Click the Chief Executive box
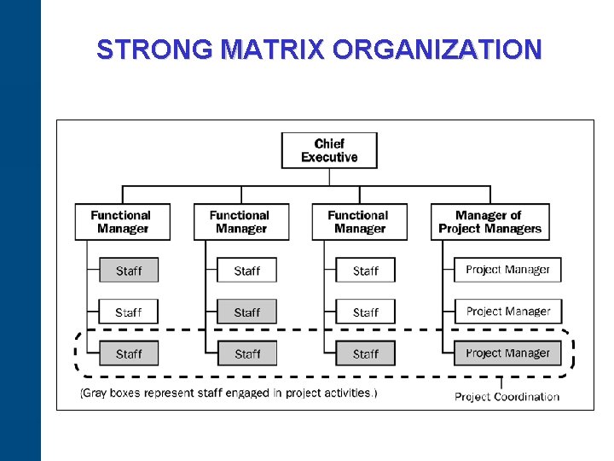pyautogui.click(x=329, y=150)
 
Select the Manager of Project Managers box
pyautogui.click(x=489, y=222)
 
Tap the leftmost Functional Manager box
pyautogui.click(x=123, y=222)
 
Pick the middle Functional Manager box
pyautogui.click(x=241, y=222)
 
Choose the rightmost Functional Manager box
pyautogui.click(x=360, y=222)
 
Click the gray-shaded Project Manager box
pyautogui.click(x=507, y=353)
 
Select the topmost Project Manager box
pyautogui.click(x=507, y=270)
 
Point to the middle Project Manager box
pyautogui.click(x=507, y=312)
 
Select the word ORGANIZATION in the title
pyautogui.click(x=437, y=50)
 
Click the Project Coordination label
pyautogui.click(x=507, y=396)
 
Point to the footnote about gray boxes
pyautogui.click(x=229, y=394)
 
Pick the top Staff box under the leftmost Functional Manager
pyautogui.click(x=129, y=271)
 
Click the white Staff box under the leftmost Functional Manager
pyautogui.click(x=129, y=312)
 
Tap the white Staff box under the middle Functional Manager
pyautogui.click(x=247, y=271)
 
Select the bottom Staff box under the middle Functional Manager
pyautogui.click(x=247, y=353)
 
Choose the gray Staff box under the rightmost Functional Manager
pyautogui.click(x=365, y=353)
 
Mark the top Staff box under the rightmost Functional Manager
pyautogui.click(x=365, y=271)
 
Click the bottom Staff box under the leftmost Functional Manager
pyautogui.click(x=129, y=353)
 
